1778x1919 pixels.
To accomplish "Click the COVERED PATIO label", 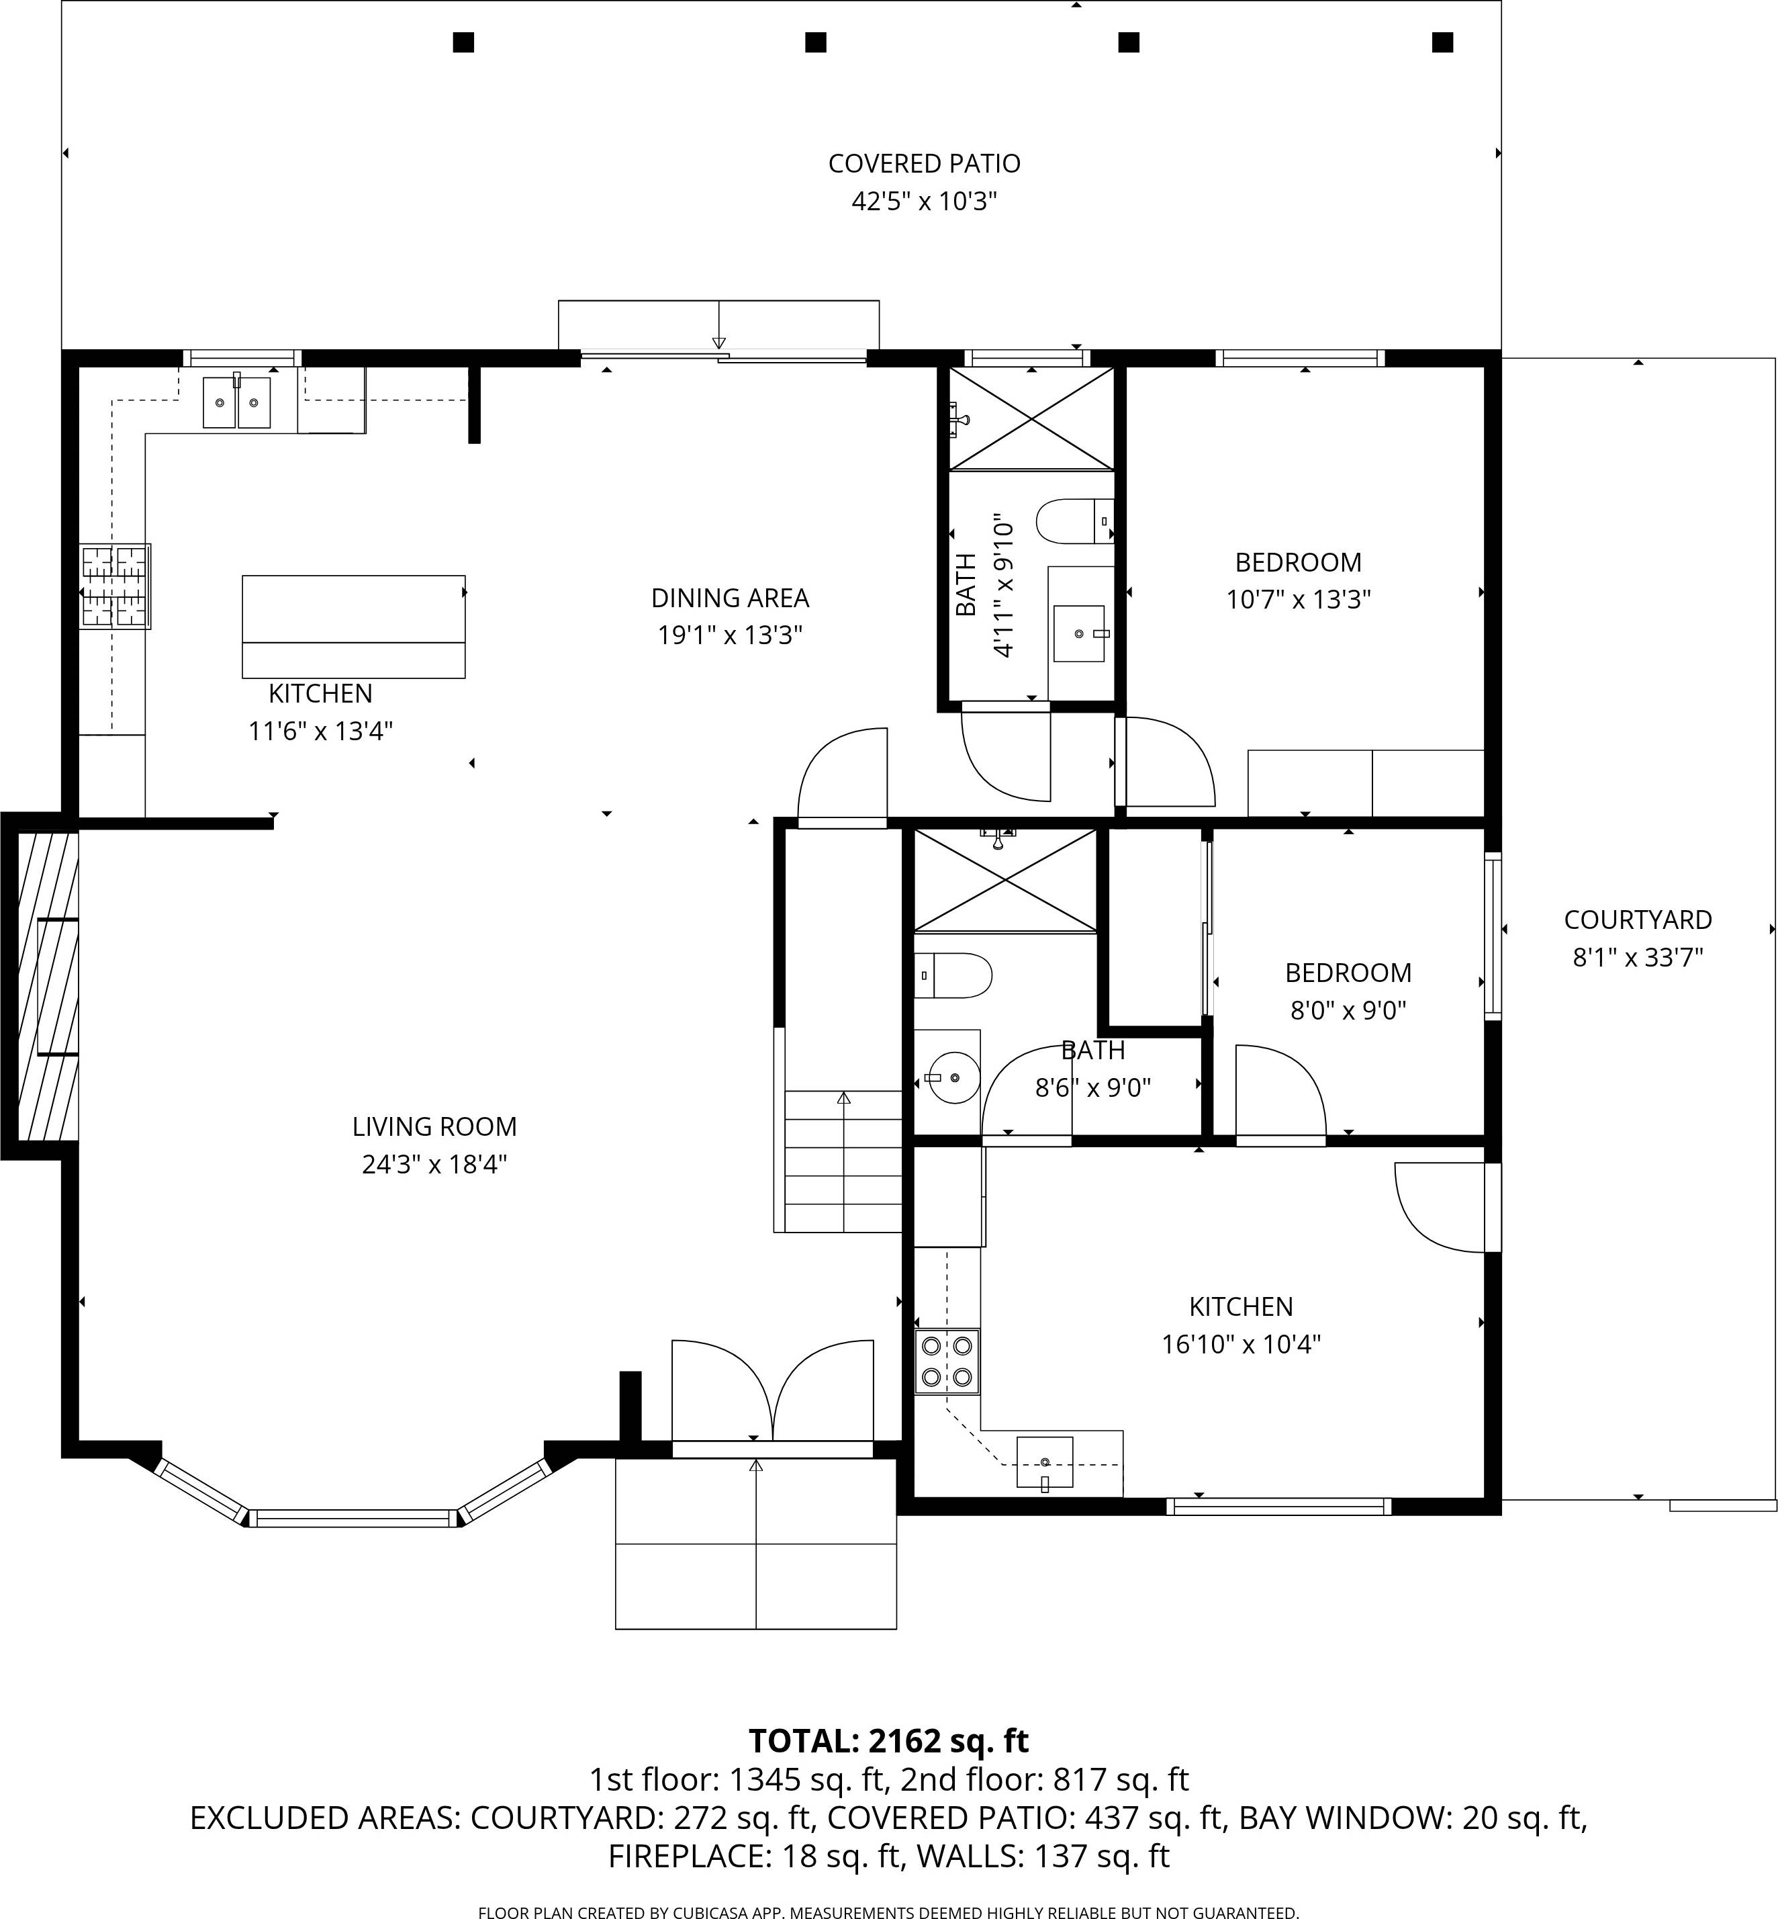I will (924, 164).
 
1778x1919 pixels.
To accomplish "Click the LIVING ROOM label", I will (434, 1126).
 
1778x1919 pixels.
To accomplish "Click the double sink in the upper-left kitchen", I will (236, 402).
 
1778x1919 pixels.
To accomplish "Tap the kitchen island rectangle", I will (353, 625).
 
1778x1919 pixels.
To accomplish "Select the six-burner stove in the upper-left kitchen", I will (115, 586).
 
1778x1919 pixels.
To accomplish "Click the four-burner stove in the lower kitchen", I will (947, 1362).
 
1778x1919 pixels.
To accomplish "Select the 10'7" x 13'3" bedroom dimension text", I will (1298, 600).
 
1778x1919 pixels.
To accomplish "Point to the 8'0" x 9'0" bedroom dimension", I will (1348, 1010).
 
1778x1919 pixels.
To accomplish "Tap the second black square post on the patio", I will (815, 42).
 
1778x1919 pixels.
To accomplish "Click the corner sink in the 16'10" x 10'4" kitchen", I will (1045, 1462).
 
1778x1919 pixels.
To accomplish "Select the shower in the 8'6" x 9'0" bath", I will (1004, 881).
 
